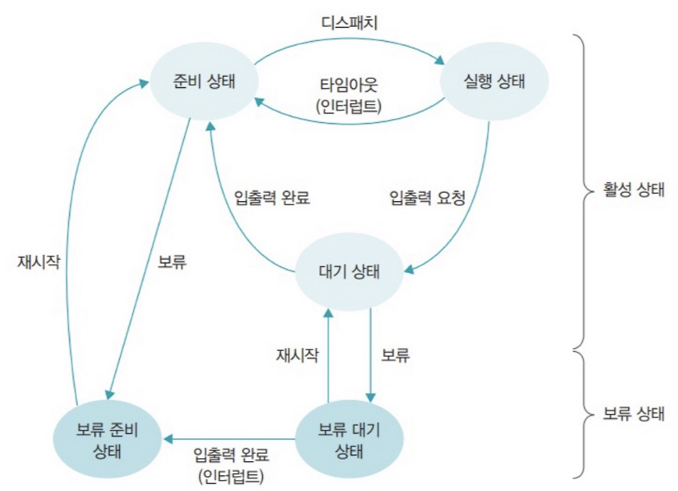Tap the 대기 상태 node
(348, 272)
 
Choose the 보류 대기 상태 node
(348, 439)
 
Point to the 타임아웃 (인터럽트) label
(349, 95)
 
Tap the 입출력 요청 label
(427, 197)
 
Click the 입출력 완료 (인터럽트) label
(232, 465)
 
